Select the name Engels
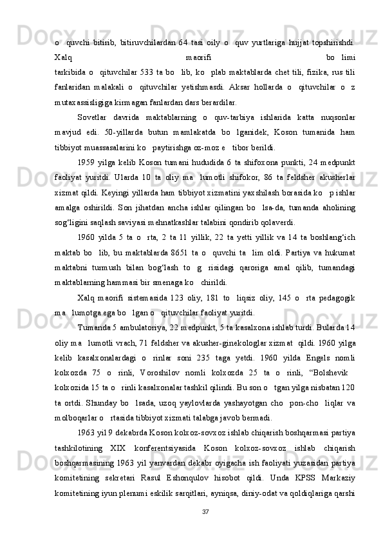(x=316, y=374)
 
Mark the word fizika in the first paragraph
(x=315, y=70)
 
